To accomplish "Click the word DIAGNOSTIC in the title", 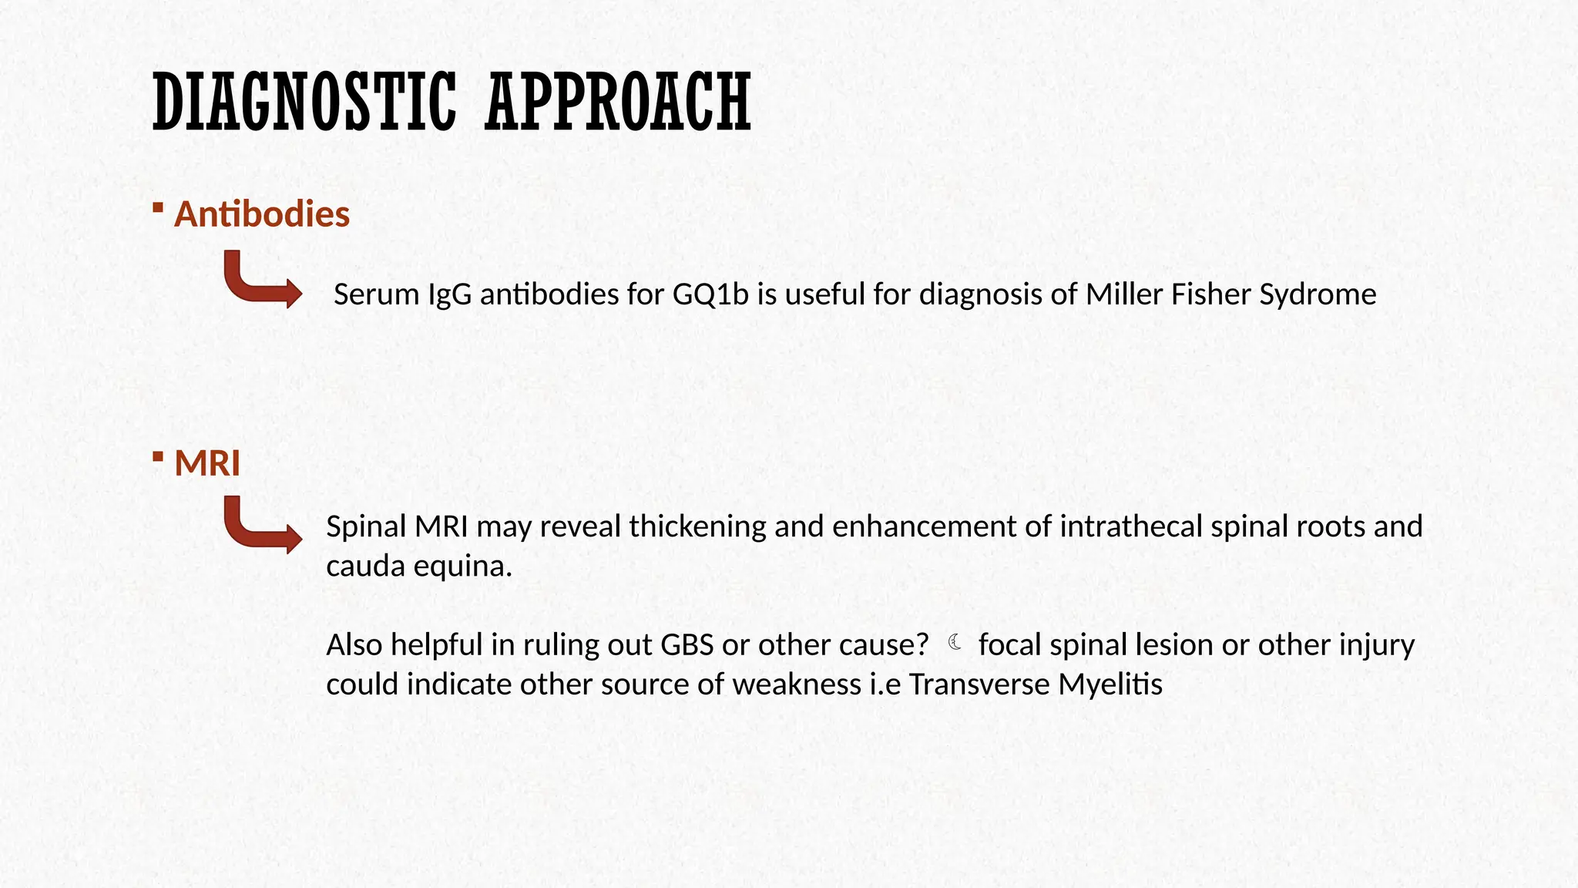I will click(304, 102).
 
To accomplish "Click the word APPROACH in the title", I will click(618, 102).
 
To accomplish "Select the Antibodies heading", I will click(262, 214).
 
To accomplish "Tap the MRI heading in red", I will click(207, 463).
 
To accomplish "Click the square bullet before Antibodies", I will click(158, 207).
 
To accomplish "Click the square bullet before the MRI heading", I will click(158, 457).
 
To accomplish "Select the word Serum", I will click(376, 294).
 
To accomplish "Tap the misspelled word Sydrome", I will click(1318, 294).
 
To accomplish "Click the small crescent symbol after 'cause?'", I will click(955, 642).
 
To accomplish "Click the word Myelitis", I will click(1110, 684).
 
